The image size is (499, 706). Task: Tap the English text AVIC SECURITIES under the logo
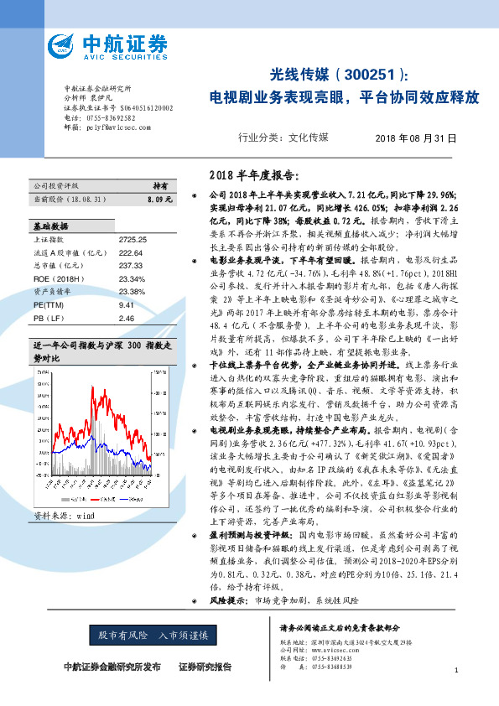pyautogui.click(x=123, y=56)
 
